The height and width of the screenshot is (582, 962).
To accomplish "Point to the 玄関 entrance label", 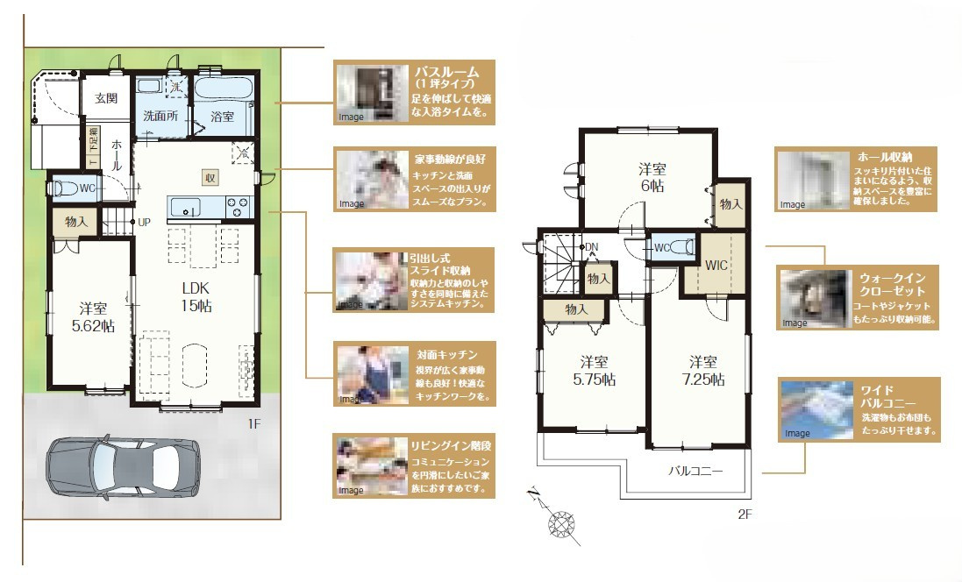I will coord(106,98).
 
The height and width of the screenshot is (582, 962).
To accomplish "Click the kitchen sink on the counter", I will coord(184,207).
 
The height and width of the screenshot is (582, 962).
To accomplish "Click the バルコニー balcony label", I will coord(696,471).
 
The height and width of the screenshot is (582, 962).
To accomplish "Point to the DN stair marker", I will coord(591,246).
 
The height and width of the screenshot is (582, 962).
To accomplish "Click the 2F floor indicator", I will coord(744,515).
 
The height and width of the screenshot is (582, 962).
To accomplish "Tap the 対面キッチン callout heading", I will coord(446,355).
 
